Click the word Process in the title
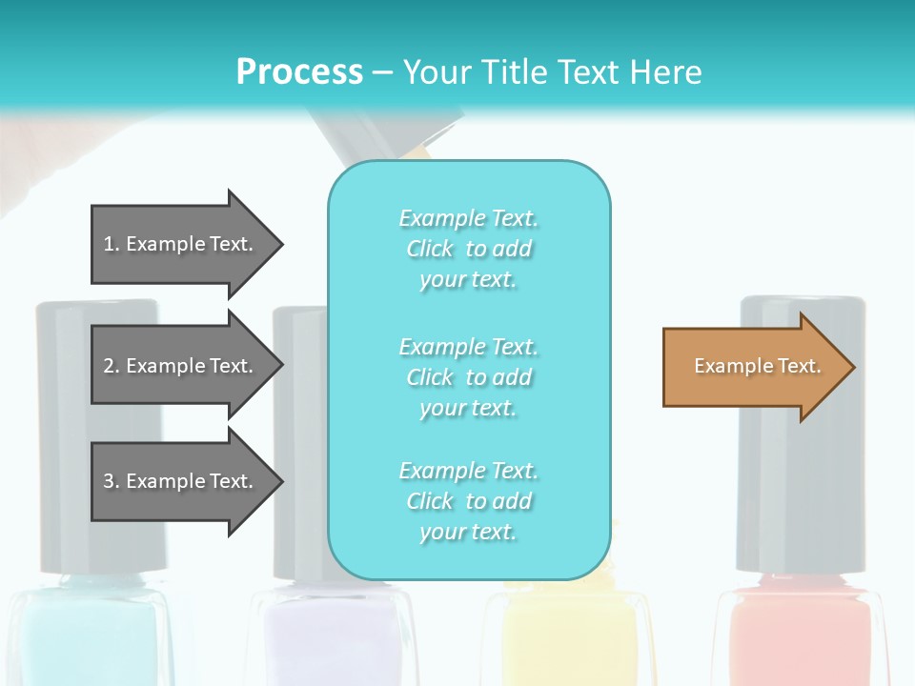299,71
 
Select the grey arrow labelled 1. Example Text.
181,244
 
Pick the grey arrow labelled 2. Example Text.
181,366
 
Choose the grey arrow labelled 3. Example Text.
181,481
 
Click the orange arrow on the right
753,367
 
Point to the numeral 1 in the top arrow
108,244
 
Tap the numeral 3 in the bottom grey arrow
109,481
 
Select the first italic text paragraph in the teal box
468,249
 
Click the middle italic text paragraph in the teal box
468,376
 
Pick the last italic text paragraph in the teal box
468,500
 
